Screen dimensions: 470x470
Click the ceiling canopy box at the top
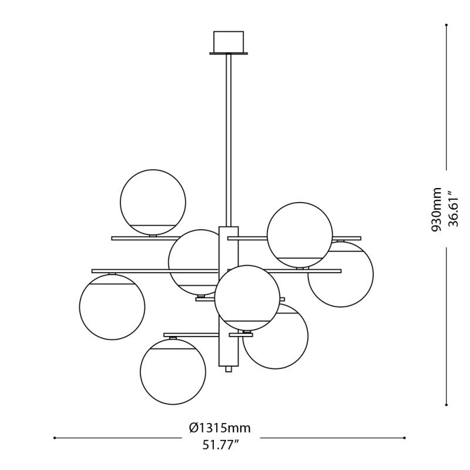point(229,41)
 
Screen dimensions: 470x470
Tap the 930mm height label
point(437,209)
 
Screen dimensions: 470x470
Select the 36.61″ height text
point(453,209)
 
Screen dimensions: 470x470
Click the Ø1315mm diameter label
point(220,428)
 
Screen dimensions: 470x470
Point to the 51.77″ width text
point(220,445)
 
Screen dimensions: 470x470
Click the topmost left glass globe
point(153,200)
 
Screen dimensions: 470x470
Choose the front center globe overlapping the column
point(247,297)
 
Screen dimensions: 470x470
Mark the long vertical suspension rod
point(229,141)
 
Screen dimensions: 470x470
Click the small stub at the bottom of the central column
point(229,369)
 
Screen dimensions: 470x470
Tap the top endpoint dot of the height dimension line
point(446,25)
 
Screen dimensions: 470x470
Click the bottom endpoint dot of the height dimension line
point(446,404)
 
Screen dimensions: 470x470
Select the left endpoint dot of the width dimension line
point(55,438)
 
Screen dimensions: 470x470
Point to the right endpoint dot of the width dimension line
point(404,438)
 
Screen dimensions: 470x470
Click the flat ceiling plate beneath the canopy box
point(229,53)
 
